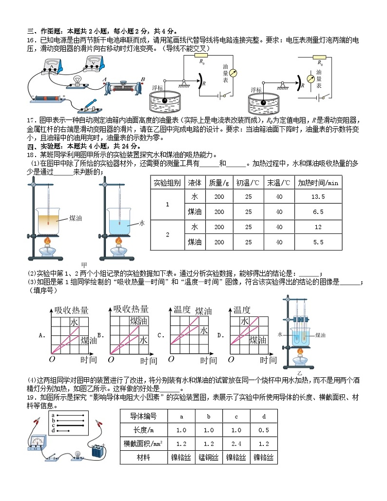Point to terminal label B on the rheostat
point(143,79)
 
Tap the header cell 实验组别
point(167,183)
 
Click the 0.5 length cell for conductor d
point(263,430)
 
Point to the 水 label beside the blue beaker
point(142,223)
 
